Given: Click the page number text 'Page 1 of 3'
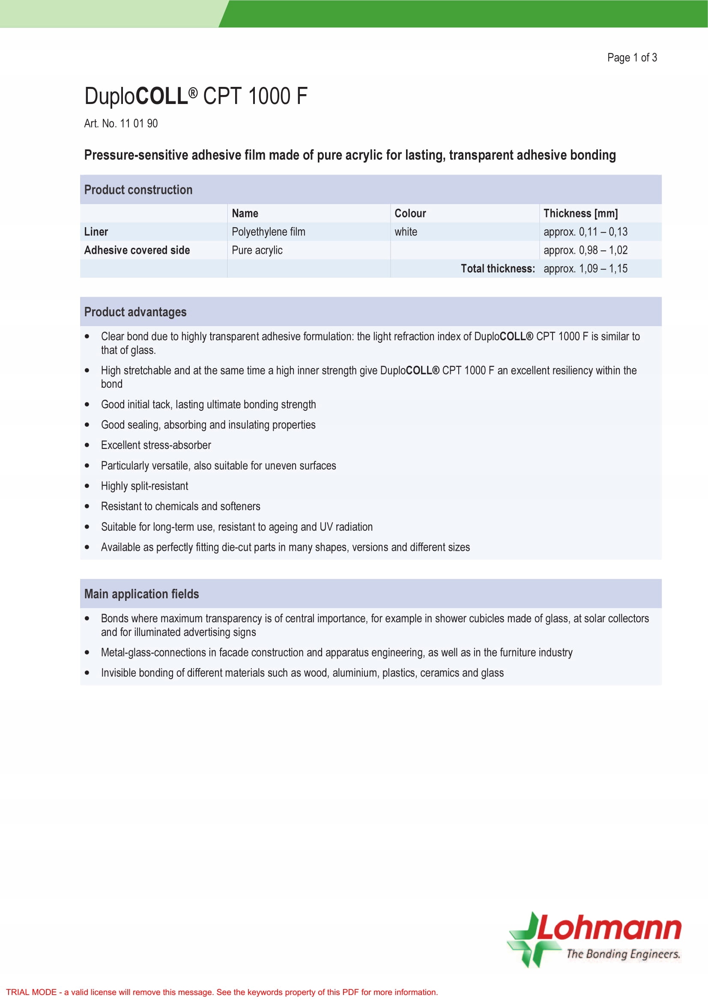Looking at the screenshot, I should [632, 57].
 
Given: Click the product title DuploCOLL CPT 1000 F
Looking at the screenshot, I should [196, 96].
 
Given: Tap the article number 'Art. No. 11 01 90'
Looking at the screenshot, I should [121, 123].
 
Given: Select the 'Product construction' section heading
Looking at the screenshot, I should [138, 190].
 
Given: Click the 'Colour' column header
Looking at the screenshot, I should [410, 213].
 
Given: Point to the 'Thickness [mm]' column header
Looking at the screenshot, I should [580, 213].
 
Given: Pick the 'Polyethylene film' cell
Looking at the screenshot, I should [268, 232].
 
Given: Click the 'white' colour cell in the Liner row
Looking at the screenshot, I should [406, 232].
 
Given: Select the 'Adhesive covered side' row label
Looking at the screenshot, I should [137, 250].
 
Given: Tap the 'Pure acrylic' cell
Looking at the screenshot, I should [257, 250].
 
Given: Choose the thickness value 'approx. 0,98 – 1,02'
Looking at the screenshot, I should [586, 250].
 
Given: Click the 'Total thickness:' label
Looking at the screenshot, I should [498, 269].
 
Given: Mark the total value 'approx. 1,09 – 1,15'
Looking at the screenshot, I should [586, 269].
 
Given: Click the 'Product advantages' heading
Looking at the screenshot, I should [135, 312].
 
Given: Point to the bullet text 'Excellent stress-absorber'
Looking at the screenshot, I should [156, 445].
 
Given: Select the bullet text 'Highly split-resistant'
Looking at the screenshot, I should [144, 486].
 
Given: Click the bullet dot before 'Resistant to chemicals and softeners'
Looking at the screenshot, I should [87, 507].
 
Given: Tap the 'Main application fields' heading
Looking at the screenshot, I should [141, 594].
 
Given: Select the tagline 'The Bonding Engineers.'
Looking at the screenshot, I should [623, 954].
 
